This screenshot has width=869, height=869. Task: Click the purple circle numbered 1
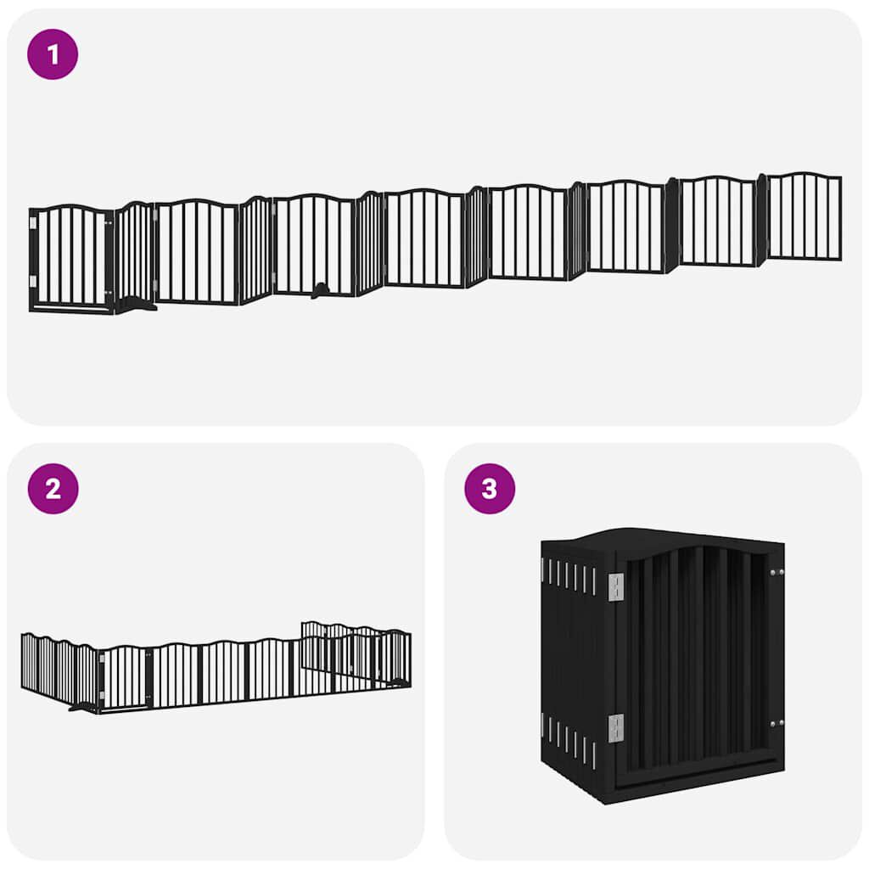[53, 54]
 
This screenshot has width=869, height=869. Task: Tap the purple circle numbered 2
[53, 489]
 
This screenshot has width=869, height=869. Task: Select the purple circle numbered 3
[490, 489]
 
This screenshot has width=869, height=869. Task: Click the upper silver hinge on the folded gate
[616, 586]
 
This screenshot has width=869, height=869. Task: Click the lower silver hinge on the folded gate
[616, 727]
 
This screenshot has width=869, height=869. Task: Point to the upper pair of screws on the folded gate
[775, 573]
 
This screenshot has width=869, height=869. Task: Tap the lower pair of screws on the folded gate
[775, 724]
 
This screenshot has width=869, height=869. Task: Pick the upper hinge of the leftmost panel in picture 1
[32, 223]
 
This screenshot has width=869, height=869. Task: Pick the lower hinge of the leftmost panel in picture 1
[32, 281]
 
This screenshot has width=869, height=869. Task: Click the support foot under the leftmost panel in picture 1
[136, 305]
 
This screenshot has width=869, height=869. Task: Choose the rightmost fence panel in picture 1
[805, 216]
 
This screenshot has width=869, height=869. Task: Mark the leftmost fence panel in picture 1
[71, 257]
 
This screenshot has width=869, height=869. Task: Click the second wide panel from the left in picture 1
[197, 252]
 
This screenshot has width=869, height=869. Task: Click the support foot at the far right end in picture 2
[395, 682]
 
